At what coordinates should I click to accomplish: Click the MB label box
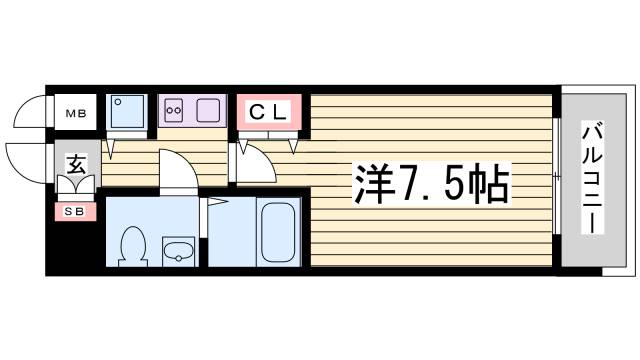[75, 112]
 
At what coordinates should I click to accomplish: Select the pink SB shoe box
[74, 211]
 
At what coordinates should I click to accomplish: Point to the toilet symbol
[131, 246]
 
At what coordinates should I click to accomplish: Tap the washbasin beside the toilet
[178, 251]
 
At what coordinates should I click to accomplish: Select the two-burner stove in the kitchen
[174, 109]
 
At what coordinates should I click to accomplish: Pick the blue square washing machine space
[128, 112]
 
